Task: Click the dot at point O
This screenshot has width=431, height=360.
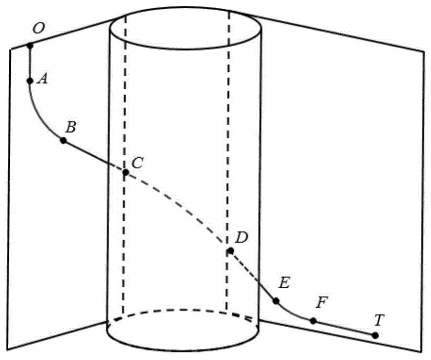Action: point(30,46)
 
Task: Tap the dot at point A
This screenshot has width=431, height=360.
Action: point(30,81)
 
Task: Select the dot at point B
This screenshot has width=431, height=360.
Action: point(63,141)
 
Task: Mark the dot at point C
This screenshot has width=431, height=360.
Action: point(125,172)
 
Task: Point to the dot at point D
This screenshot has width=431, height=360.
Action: point(230,251)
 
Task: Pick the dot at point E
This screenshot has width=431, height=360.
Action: point(276,301)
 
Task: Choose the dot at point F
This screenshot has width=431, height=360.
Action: point(313,320)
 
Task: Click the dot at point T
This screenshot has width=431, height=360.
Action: point(375,336)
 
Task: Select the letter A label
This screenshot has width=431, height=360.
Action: point(42,79)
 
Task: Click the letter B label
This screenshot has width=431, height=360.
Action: point(71,127)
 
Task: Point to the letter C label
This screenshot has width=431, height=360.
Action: point(137,163)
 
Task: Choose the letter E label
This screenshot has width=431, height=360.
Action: point(284,283)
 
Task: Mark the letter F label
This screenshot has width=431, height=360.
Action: point(322,303)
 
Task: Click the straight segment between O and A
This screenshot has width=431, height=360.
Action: point(30,63)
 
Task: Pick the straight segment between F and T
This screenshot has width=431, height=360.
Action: point(344,328)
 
